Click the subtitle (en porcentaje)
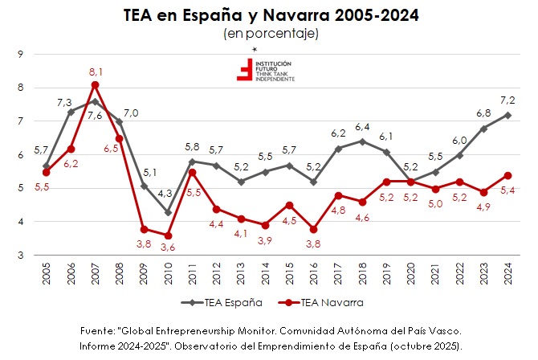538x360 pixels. coord(271,34)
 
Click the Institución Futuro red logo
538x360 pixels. coord(244,70)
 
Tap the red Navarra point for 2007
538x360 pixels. coord(95,85)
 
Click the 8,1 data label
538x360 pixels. coord(95,72)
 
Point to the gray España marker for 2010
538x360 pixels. coord(169,212)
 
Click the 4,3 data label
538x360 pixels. coord(165,194)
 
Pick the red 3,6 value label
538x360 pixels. coord(167,248)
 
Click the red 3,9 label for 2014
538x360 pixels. coord(264,241)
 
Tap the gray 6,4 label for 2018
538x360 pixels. coord(363,127)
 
